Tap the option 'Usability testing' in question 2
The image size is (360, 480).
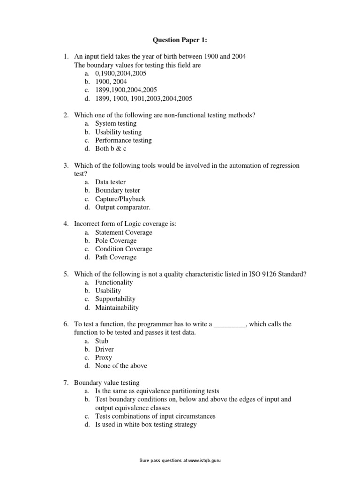[x=118, y=132]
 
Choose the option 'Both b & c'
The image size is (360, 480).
[x=111, y=149]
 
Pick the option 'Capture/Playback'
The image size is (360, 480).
[x=120, y=199]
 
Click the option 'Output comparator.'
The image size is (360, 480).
[x=123, y=207]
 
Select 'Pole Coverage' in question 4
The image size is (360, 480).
[x=116, y=240]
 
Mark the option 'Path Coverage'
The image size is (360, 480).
[x=116, y=257]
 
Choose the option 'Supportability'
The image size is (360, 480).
[x=115, y=299]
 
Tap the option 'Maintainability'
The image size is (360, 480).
[x=117, y=307]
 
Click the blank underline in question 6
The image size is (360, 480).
[x=230, y=324]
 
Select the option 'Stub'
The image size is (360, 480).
[x=102, y=341]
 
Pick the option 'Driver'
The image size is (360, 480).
[x=104, y=349]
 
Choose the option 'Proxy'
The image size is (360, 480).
[x=104, y=358]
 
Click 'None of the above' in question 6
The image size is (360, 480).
[x=121, y=366]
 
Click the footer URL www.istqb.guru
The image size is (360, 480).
[x=203, y=461]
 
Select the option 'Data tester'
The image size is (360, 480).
[x=111, y=182]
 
